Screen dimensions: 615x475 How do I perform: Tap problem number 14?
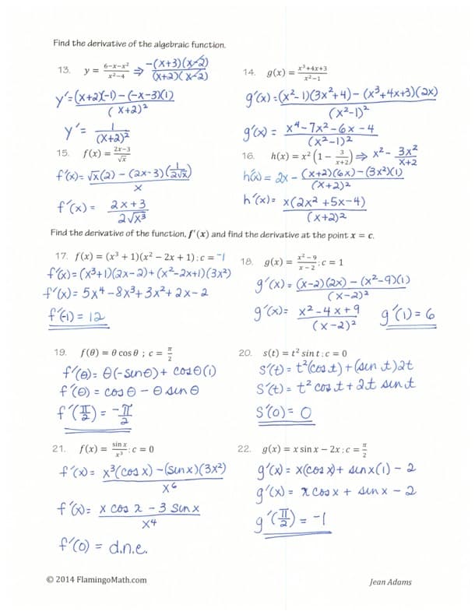point(249,72)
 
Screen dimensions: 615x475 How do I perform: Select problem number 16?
point(249,156)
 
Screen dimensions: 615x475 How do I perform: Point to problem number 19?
point(60,352)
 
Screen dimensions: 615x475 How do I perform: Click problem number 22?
point(244,449)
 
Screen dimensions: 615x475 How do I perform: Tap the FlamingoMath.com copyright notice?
point(97,580)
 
